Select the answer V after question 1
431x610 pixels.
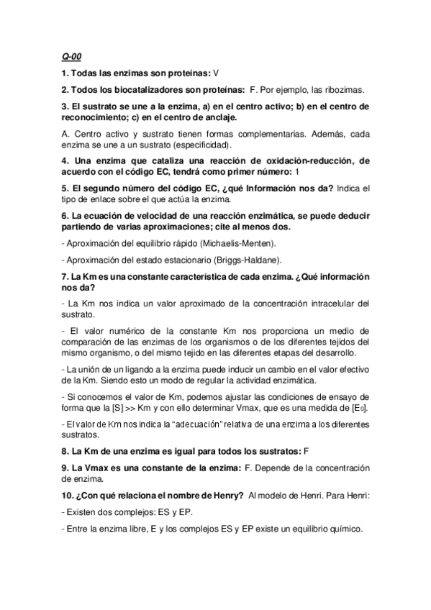click(x=216, y=73)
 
